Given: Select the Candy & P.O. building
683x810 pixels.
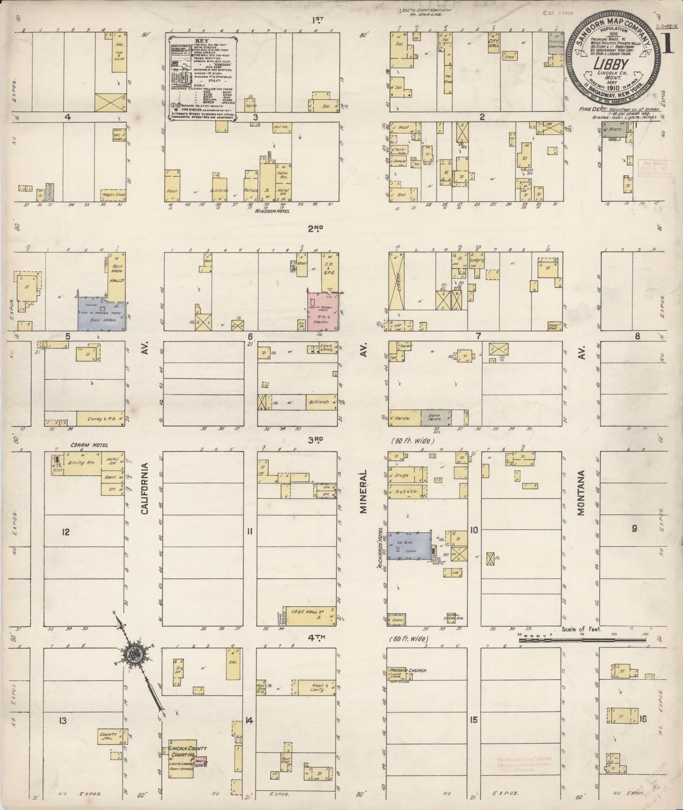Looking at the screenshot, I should click(100, 419).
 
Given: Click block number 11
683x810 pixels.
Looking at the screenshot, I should click(250, 531).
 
